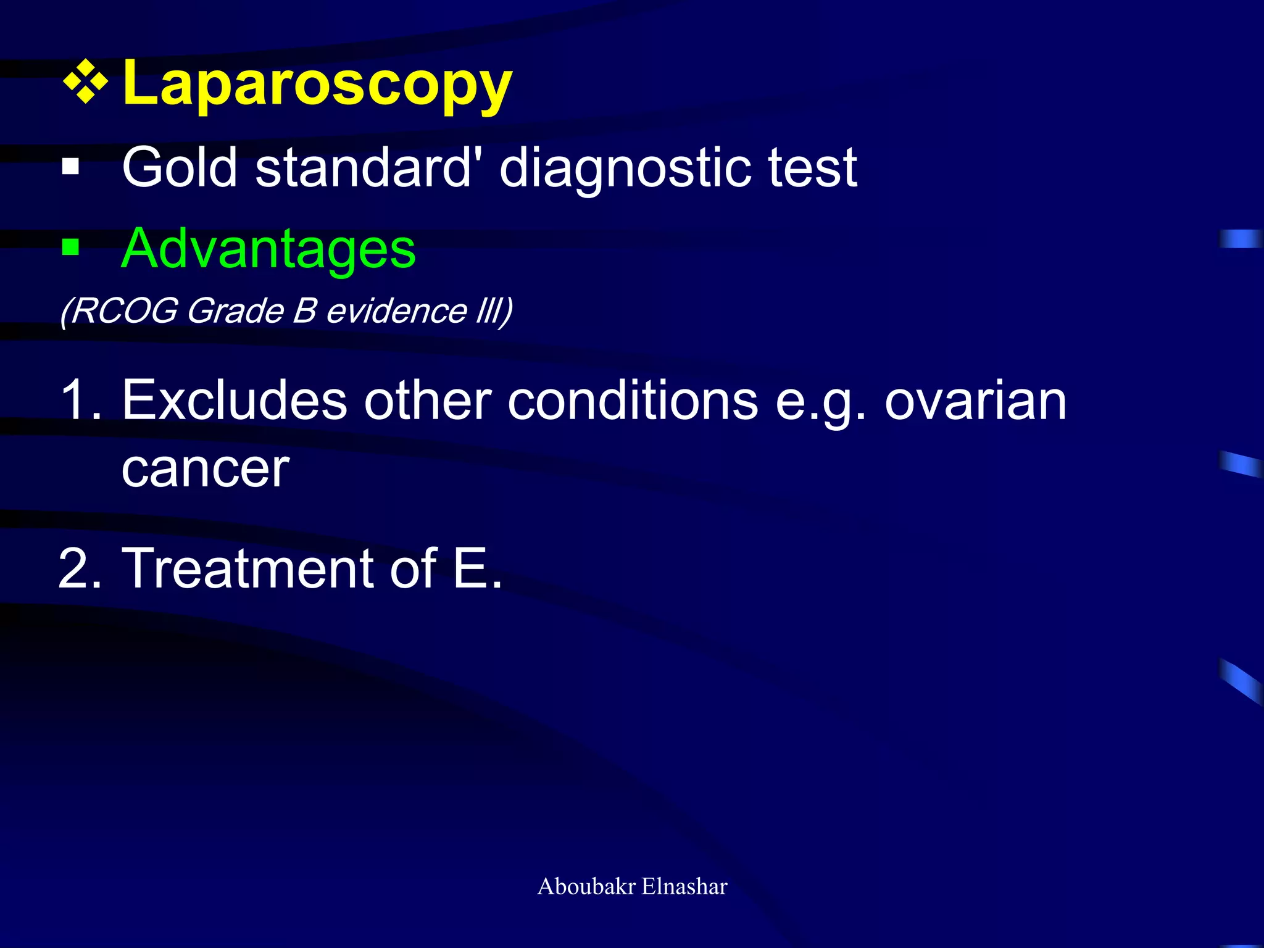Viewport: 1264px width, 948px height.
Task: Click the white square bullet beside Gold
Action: click(x=71, y=167)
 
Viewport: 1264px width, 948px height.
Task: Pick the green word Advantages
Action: click(x=268, y=249)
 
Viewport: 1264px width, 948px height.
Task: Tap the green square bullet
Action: click(x=71, y=247)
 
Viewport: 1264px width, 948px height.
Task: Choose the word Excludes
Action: click(x=235, y=400)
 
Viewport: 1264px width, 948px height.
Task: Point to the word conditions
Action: click(x=633, y=400)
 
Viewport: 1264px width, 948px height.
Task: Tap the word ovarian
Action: click(x=975, y=400)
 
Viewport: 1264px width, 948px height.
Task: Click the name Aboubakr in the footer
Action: click(x=586, y=886)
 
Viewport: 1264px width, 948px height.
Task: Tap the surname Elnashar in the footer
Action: click(x=684, y=886)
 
